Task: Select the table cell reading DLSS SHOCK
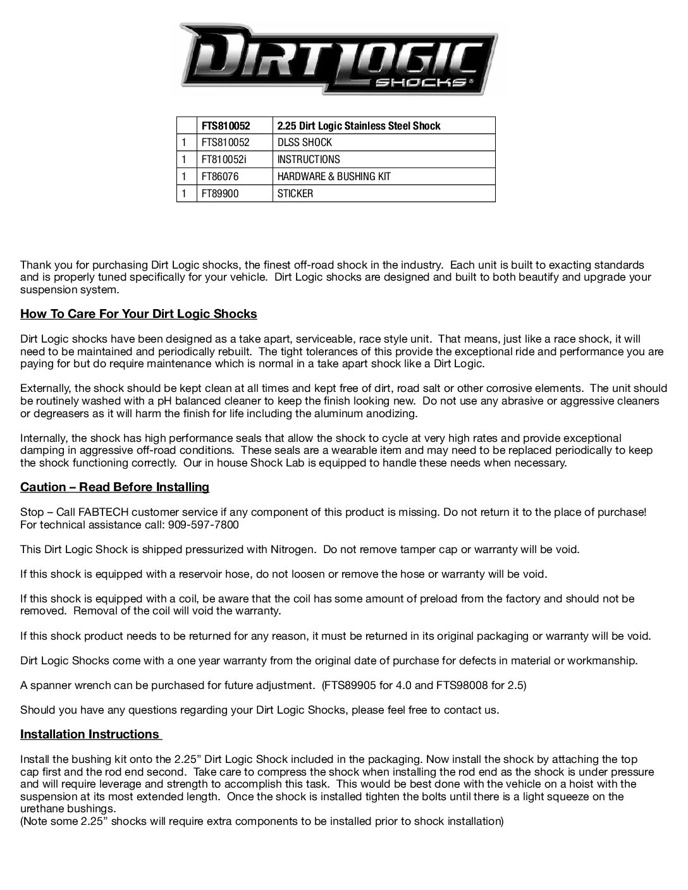pos(304,143)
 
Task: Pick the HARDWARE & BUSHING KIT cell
pos(333,176)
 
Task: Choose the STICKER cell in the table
pos(295,193)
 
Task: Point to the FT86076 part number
pos(220,176)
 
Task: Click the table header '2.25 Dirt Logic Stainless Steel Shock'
pos(359,126)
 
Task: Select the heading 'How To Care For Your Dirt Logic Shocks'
pos(138,314)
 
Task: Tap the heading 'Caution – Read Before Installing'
pos(114,487)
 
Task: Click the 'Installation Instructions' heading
pos(90,734)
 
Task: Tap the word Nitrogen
pos(293,549)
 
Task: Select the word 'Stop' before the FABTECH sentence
pos(31,512)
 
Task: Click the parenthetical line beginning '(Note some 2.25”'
pos(262,821)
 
